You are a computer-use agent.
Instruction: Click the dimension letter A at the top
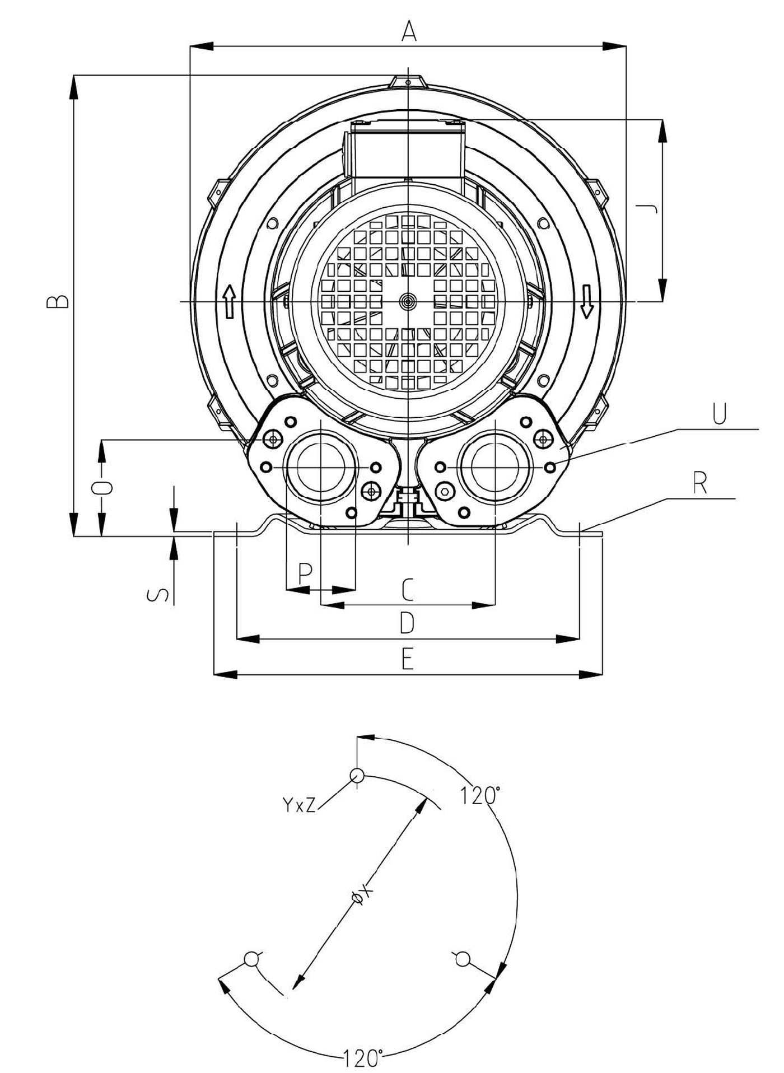(409, 32)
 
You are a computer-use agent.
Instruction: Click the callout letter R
(700, 483)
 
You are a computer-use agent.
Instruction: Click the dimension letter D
(407, 623)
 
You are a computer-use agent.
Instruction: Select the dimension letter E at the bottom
(407, 659)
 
